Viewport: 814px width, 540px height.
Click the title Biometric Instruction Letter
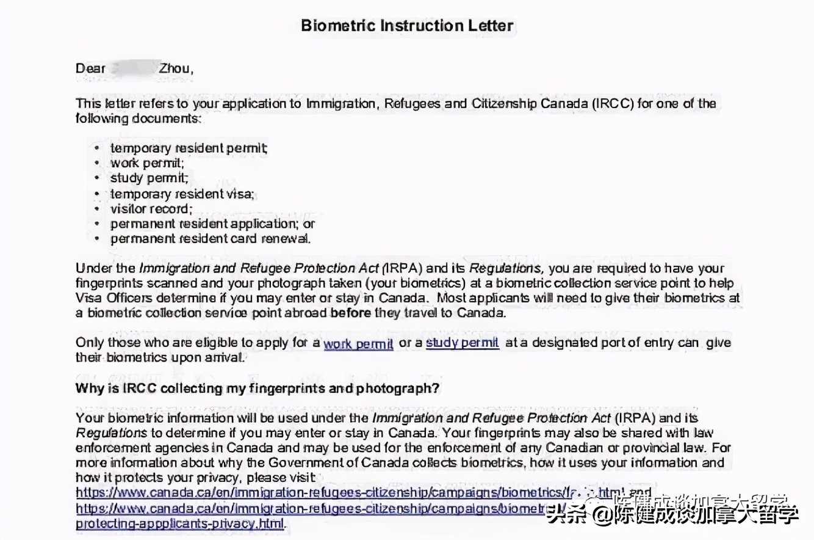coord(408,26)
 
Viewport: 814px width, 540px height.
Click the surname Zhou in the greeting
coord(175,68)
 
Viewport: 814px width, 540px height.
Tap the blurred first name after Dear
coord(132,68)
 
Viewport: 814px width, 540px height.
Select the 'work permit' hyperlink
coord(358,343)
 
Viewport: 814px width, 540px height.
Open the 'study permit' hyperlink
coord(462,343)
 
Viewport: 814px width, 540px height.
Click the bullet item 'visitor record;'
coord(151,209)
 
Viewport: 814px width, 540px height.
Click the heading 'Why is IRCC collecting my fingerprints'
coord(257,389)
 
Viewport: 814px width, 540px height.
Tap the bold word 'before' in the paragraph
coord(350,313)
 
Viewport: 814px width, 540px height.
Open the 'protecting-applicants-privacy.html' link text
coord(180,524)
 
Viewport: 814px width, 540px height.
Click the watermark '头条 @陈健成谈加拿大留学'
coord(671,514)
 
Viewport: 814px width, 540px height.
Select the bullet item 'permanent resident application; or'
coord(212,224)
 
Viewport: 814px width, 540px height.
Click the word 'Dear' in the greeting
coord(91,68)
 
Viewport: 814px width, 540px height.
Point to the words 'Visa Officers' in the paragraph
coord(111,299)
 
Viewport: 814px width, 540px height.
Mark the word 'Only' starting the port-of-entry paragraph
coord(89,343)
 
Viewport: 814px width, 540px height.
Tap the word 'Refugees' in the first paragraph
coord(412,103)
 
